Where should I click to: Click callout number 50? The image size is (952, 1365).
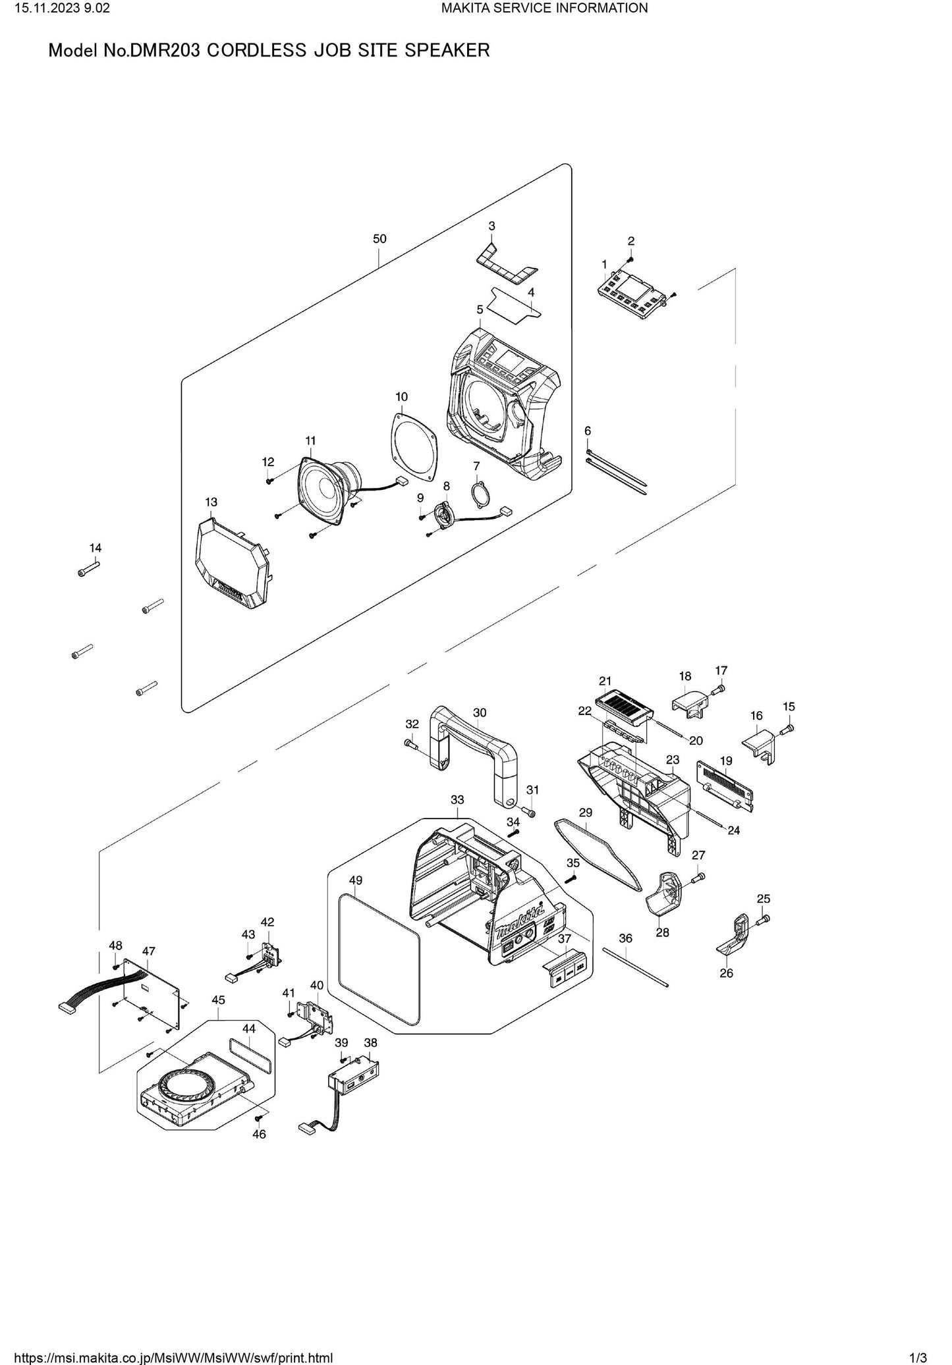coord(379,239)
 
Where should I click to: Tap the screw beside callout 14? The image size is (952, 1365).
coord(88,568)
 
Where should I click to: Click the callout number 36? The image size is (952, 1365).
coord(625,938)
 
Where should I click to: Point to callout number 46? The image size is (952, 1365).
coord(259,1135)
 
